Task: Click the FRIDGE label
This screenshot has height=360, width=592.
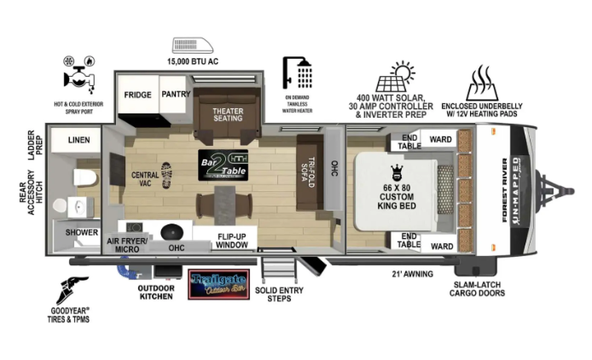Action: (x=137, y=95)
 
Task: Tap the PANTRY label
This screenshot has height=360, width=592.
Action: (x=175, y=95)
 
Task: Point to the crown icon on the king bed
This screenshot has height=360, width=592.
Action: (x=396, y=170)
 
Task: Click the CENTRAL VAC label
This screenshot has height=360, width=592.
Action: (x=144, y=179)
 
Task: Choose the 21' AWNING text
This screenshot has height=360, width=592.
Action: (x=412, y=274)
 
